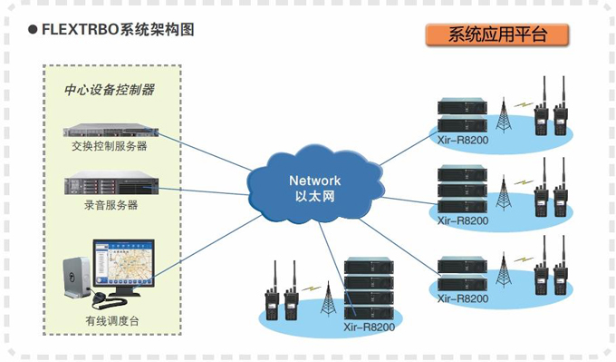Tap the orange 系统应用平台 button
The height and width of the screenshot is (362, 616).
(x=497, y=34)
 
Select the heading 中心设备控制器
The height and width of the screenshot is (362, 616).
(x=109, y=90)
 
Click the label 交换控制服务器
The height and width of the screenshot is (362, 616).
(x=109, y=145)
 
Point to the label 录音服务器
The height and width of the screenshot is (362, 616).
(x=109, y=205)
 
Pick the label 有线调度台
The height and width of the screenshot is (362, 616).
(x=112, y=319)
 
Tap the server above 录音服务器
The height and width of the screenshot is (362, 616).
(x=109, y=184)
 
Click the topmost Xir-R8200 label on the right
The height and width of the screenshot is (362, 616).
(x=462, y=141)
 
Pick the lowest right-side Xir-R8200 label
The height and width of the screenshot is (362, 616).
(x=462, y=298)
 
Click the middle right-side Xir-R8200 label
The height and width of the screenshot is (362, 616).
(x=462, y=220)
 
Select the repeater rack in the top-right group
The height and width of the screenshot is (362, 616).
(x=462, y=115)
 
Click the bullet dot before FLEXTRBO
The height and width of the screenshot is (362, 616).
(x=32, y=30)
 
